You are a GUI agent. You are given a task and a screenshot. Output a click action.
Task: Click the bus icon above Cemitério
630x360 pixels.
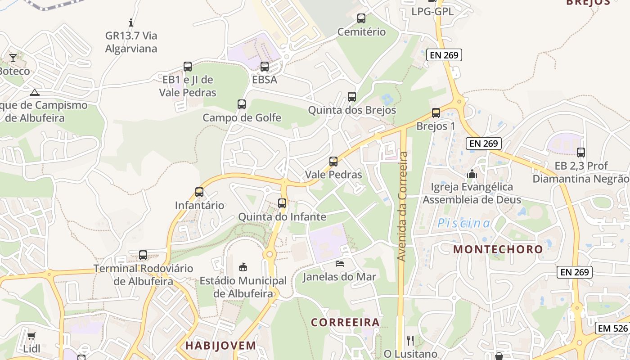(361, 18)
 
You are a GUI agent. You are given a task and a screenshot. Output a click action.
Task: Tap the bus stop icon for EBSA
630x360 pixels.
(265, 67)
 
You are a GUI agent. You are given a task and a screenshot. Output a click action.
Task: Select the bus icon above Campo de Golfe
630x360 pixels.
(242, 104)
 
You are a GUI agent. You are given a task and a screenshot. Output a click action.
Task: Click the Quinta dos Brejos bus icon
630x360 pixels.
(352, 97)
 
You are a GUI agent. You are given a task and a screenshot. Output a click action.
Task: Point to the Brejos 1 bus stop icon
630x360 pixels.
(436, 113)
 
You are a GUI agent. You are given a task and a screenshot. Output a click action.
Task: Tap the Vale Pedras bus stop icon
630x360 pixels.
(333, 162)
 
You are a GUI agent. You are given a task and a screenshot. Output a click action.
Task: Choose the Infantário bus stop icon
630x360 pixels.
(199, 192)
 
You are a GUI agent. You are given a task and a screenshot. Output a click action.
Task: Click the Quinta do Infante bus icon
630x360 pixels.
(282, 203)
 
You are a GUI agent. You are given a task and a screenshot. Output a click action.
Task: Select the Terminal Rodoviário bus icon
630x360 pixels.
(143, 255)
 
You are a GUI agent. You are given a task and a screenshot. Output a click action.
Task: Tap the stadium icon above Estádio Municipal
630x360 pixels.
(243, 267)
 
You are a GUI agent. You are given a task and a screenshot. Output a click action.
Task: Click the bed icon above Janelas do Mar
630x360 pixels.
(340, 263)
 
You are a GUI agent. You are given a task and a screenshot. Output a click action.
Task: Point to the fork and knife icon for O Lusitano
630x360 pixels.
(410, 340)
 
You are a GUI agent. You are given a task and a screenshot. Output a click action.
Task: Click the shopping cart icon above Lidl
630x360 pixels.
(31, 336)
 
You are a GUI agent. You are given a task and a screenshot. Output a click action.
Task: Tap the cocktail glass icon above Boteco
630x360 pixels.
(13, 58)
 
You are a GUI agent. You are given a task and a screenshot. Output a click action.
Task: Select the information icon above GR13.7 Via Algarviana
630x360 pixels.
(131, 22)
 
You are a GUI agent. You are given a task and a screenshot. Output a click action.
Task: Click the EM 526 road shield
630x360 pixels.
(612, 328)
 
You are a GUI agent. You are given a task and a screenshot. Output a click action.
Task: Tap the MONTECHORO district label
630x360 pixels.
(498, 249)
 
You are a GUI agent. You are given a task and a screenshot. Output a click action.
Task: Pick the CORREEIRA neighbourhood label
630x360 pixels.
(346, 322)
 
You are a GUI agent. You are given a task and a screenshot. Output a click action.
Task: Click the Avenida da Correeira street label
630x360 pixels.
(402, 206)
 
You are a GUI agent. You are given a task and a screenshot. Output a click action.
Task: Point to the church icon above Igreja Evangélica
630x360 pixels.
(472, 173)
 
